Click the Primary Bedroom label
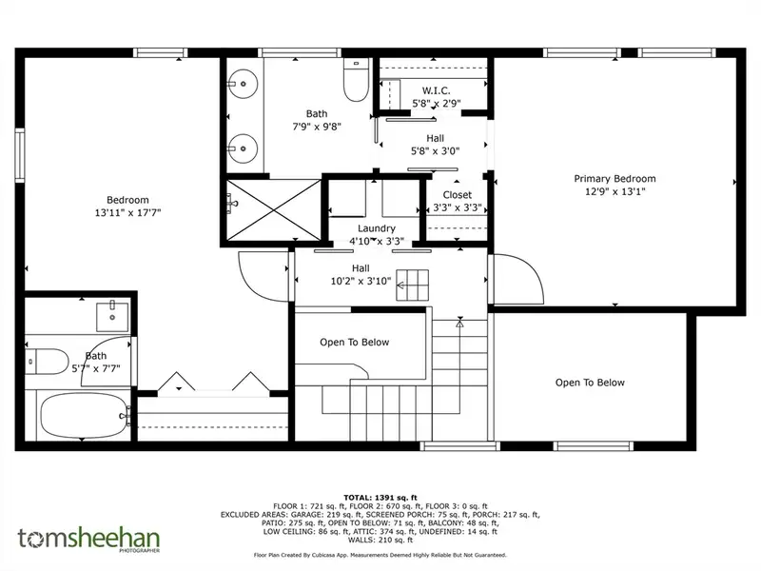(615, 179)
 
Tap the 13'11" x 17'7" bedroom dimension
(127, 212)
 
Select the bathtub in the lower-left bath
(83, 416)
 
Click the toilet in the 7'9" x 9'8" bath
(356, 80)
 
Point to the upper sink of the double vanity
(243, 84)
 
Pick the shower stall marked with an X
(274, 209)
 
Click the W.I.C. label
(436, 90)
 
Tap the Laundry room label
(377, 228)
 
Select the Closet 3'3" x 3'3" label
(458, 201)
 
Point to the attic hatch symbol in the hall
(413, 285)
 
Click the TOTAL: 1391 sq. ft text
(380, 498)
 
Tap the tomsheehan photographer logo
(88, 540)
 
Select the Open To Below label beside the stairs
(354, 343)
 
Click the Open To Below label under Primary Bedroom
(590, 383)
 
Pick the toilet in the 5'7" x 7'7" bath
(47, 362)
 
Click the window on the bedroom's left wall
(19, 155)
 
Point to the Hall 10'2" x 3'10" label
(361, 274)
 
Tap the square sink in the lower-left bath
(112, 317)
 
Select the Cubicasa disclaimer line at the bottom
(380, 555)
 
